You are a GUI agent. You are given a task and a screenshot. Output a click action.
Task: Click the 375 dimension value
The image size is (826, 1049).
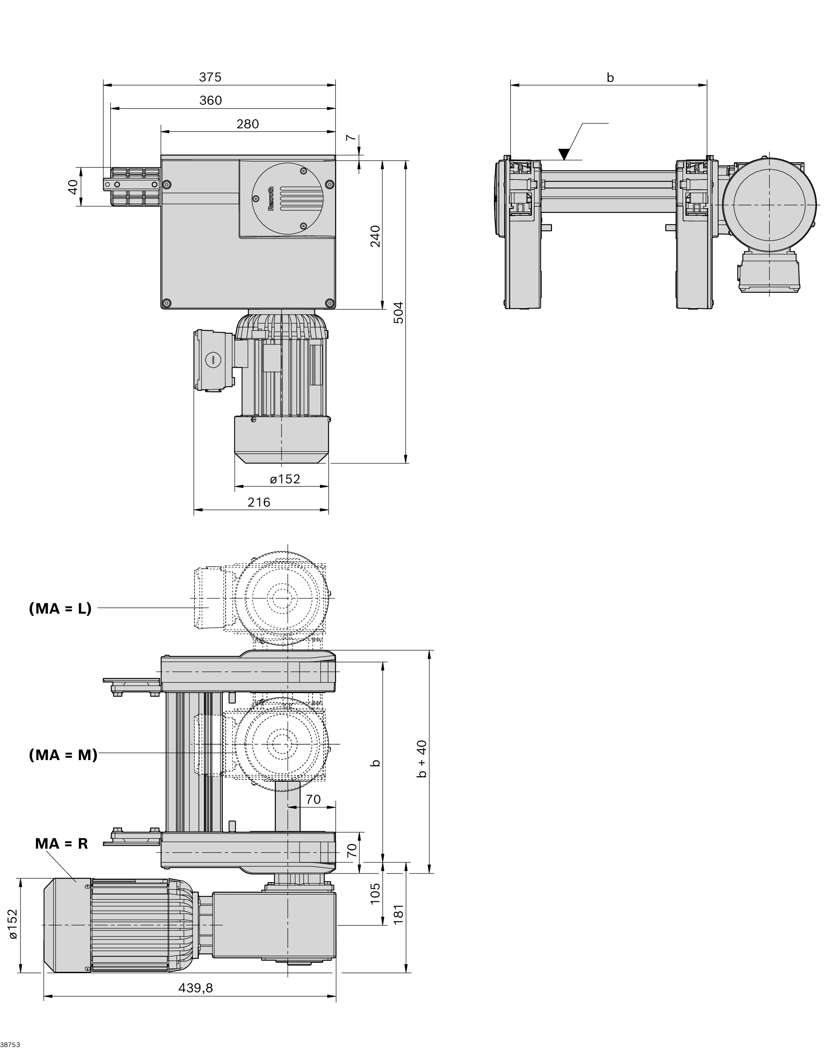coord(210,77)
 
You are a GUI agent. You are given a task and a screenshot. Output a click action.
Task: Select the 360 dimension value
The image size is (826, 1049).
coord(210,100)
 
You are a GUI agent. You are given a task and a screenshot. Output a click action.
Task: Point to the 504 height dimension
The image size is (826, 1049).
coord(398,312)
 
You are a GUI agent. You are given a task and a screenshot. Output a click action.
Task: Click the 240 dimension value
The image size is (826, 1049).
coord(375,236)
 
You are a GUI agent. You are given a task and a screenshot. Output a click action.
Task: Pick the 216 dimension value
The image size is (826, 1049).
coord(259,502)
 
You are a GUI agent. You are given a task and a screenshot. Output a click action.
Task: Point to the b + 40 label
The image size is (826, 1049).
coord(422,759)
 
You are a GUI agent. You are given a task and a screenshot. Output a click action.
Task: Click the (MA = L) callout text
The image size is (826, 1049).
coord(60,609)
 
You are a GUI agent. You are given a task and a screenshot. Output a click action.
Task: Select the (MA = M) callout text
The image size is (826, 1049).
coord(63,755)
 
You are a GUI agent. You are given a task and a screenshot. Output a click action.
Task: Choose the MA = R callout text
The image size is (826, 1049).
coord(61,844)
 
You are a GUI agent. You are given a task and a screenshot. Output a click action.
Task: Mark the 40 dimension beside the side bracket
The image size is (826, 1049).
coord(72,187)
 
